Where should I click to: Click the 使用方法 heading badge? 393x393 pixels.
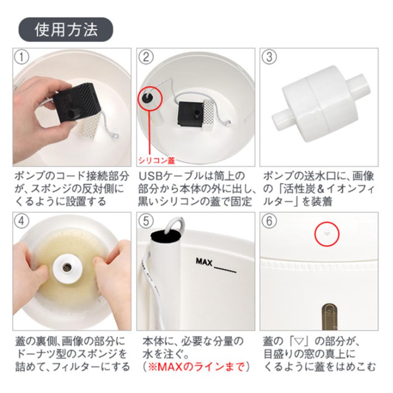pyautogui.click(x=65, y=30)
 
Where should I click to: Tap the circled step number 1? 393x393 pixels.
pyautogui.click(x=21, y=57)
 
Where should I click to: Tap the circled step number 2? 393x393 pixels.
pyautogui.click(x=146, y=57)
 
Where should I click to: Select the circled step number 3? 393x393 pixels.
pyautogui.click(x=269, y=57)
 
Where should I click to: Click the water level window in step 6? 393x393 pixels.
pyautogui.click(x=327, y=315)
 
